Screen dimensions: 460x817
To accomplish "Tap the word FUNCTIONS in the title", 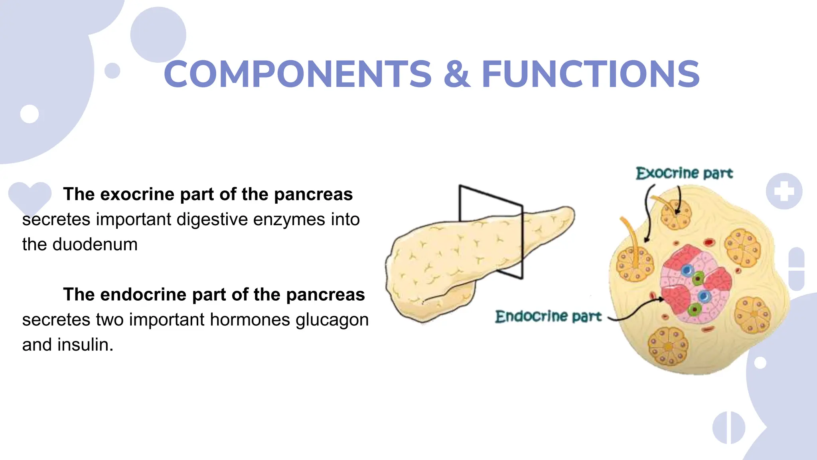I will click(590, 74).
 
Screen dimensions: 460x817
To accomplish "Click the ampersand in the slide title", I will click(456, 74).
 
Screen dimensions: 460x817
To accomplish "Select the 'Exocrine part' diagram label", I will click(684, 173).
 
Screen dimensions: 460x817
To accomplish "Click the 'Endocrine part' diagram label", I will click(548, 317).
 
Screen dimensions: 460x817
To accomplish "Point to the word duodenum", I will click(95, 244).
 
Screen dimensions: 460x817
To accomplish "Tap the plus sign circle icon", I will click(784, 191).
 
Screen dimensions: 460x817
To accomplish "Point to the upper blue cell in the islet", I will click(687, 270).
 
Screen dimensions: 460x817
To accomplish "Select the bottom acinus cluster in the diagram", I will click(667, 346).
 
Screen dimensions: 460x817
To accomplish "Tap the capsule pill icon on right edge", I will click(796, 269).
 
